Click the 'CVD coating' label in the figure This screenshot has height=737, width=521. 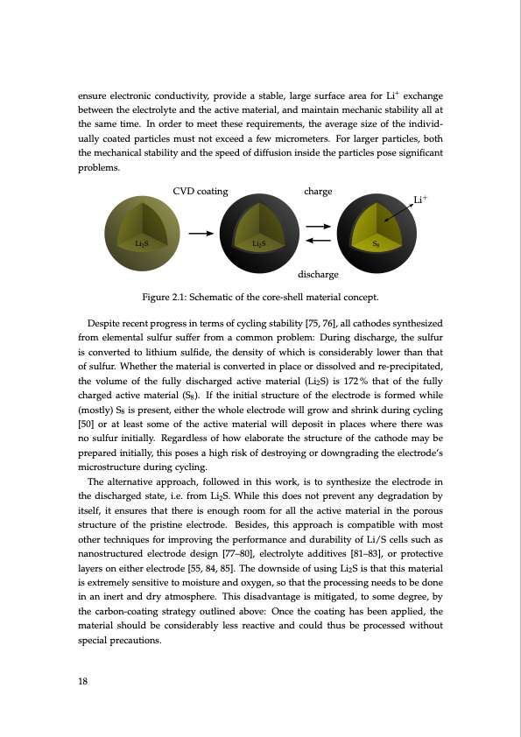click(201, 191)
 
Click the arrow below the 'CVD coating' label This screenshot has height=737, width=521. click(201, 234)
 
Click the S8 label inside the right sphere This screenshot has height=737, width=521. click(376, 242)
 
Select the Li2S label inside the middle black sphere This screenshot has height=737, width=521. click(258, 242)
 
